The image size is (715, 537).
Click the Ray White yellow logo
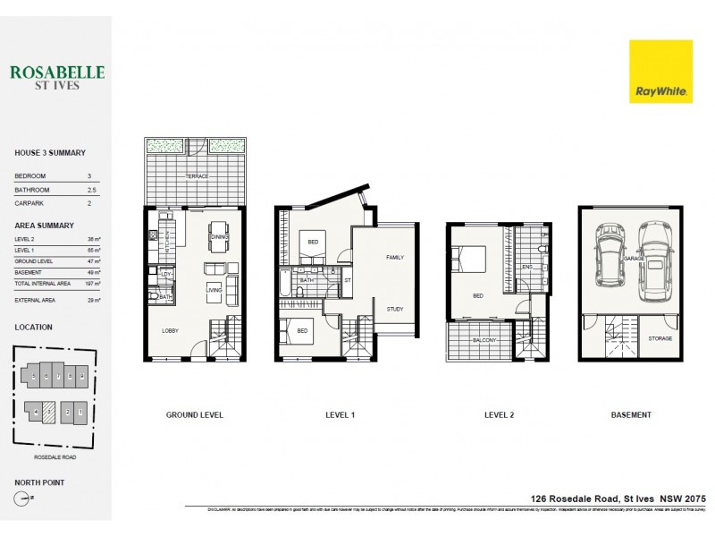[x=660, y=71]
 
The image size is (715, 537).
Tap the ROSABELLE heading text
[x=58, y=72]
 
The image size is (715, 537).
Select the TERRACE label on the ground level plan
[x=197, y=176]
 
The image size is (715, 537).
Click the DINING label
[x=218, y=236]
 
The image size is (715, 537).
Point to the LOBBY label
[x=170, y=330]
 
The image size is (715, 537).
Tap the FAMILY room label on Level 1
[x=394, y=257]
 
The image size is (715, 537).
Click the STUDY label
[x=394, y=310]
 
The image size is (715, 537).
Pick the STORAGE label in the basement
[x=660, y=338]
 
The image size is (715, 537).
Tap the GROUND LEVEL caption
[x=194, y=415]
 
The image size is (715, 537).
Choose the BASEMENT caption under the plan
[x=631, y=415]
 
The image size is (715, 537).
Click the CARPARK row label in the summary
[x=29, y=203]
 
